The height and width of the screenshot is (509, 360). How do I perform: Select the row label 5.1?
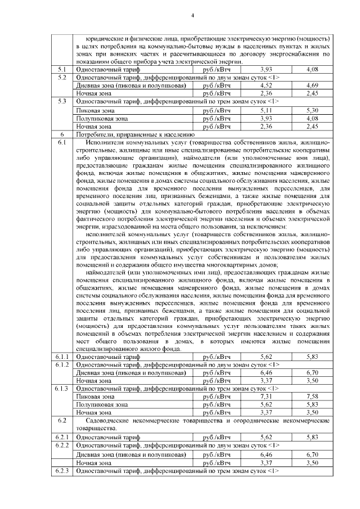(x=63, y=69)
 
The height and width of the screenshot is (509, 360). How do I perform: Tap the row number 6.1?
(x=63, y=143)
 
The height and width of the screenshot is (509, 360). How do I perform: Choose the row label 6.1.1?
(x=63, y=357)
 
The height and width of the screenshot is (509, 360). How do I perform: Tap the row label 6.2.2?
(x=63, y=444)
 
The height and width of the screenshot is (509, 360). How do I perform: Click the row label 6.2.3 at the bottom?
(x=63, y=470)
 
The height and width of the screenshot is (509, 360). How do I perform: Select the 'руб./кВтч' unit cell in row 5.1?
(x=217, y=69)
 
